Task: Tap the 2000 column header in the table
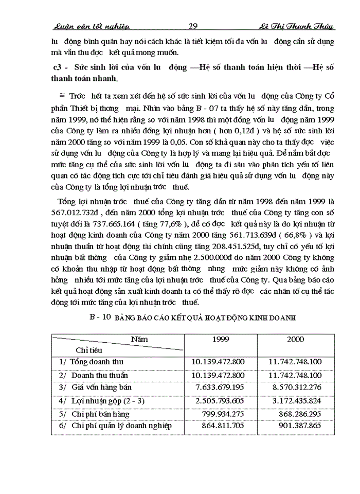tap(296, 339)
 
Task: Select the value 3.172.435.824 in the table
tap(295, 400)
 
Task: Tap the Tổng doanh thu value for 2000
tap(295, 362)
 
